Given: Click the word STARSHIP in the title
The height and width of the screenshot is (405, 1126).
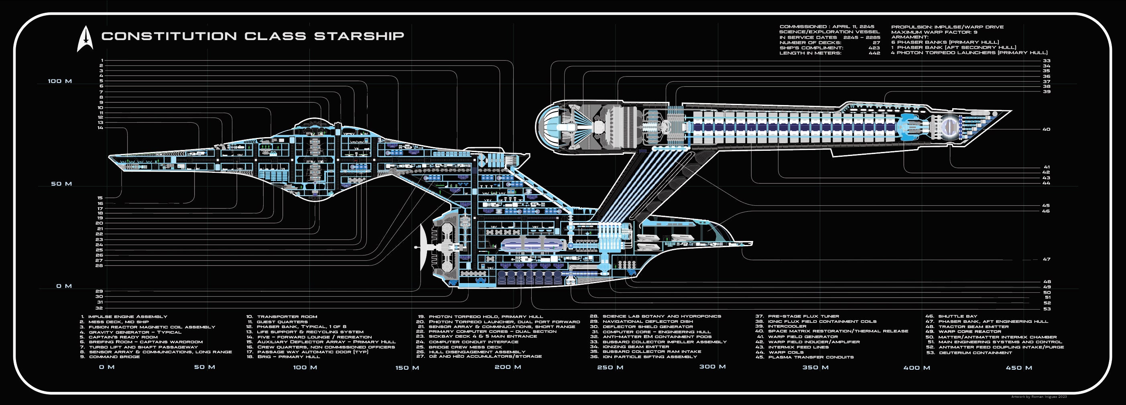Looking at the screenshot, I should click(359, 36).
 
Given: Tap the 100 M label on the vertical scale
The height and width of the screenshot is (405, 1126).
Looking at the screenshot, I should click(60, 81).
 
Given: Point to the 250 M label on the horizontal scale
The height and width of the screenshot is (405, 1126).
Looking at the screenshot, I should click(610, 367).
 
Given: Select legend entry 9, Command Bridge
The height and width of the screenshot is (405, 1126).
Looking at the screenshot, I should click(114, 357).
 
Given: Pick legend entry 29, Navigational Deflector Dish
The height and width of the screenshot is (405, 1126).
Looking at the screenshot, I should click(647, 322).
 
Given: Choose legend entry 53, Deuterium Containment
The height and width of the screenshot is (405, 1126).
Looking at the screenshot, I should click(975, 352).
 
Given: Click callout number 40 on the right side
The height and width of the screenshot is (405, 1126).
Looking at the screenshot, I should click(1046, 130).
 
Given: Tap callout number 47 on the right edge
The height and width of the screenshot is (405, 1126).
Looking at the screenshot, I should click(1046, 259).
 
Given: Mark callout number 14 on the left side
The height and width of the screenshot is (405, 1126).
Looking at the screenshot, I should click(101, 128).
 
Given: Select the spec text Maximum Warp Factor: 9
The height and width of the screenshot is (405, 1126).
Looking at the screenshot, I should click(934, 32).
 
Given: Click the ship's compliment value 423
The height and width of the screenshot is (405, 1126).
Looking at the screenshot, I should click(874, 48).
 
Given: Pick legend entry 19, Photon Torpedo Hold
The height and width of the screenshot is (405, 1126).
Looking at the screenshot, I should click(485, 317).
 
